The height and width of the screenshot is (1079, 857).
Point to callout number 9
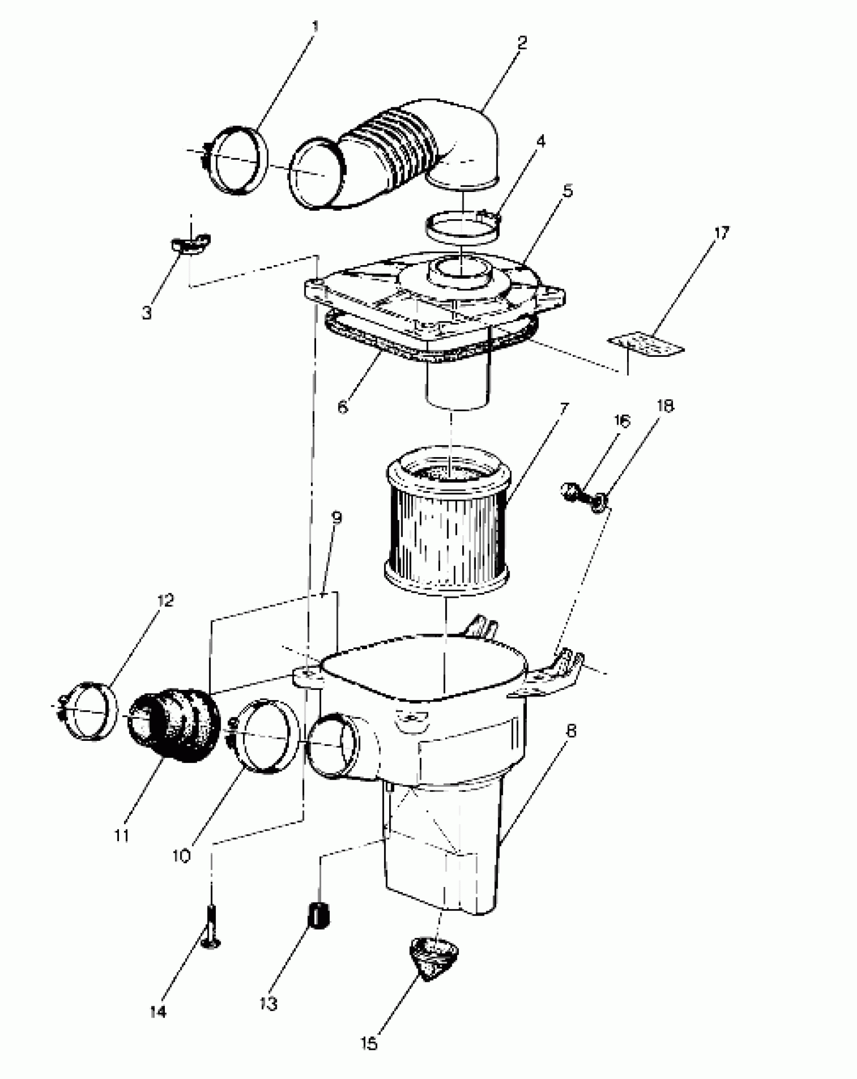coord(337,518)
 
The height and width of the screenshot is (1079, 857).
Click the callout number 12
coord(165,600)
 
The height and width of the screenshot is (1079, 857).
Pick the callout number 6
coord(343,407)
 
